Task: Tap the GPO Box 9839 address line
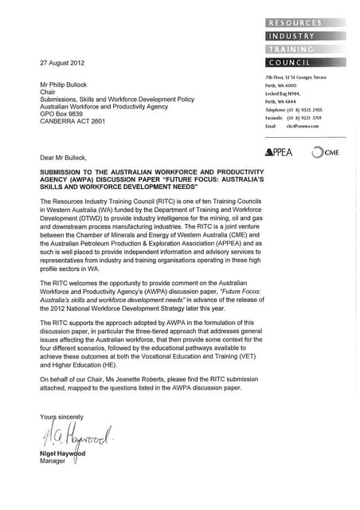pos(65,114)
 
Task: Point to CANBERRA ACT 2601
pos(72,122)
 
